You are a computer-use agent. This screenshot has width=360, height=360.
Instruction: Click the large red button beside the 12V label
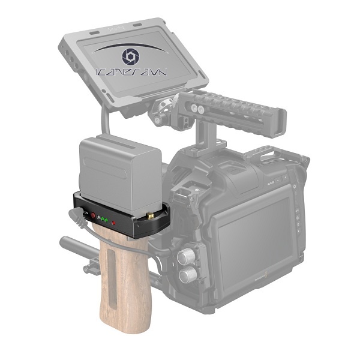tap(92, 215)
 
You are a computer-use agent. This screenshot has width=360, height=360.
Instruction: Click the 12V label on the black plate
tap(85, 212)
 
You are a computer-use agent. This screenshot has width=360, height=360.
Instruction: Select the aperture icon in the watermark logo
tap(130, 56)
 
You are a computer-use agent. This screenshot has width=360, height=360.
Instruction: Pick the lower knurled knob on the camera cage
tap(188, 275)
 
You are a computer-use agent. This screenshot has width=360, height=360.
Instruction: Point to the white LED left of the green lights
tap(98, 218)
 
